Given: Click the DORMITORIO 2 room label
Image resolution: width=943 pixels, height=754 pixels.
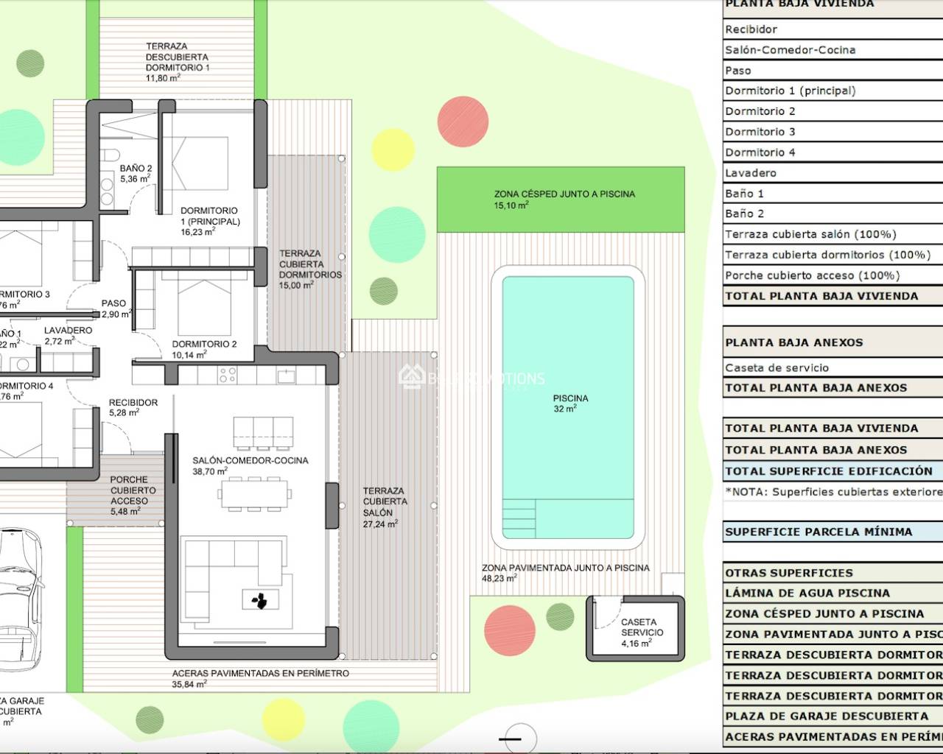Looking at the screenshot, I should click(204, 344).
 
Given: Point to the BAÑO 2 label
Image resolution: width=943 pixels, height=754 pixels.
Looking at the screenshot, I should click(136, 169).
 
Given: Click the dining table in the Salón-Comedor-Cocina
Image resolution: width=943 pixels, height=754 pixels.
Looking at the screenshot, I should click(253, 493).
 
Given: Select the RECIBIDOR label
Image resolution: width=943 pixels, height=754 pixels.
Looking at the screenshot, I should click(133, 403).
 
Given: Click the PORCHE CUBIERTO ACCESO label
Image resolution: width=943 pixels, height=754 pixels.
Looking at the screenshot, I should click(129, 490).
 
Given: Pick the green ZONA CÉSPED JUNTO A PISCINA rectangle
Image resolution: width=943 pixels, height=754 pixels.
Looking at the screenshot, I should click(561, 200).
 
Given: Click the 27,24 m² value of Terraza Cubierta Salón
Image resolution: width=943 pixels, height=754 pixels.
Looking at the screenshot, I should click(379, 524).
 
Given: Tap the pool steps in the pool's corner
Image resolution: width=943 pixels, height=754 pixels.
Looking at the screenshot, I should click(519, 519).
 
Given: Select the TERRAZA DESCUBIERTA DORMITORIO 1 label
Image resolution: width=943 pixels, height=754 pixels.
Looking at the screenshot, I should click(177, 57).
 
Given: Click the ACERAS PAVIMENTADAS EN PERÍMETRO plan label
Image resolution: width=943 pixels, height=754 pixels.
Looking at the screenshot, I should click(260, 673).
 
